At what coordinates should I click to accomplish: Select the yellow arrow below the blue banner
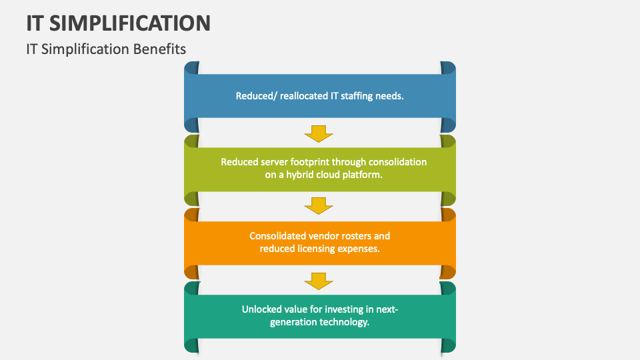319,133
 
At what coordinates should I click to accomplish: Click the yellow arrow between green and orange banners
319,206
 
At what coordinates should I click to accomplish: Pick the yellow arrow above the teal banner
319,280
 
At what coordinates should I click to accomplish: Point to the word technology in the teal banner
343,322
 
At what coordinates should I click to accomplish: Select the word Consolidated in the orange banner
277,236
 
